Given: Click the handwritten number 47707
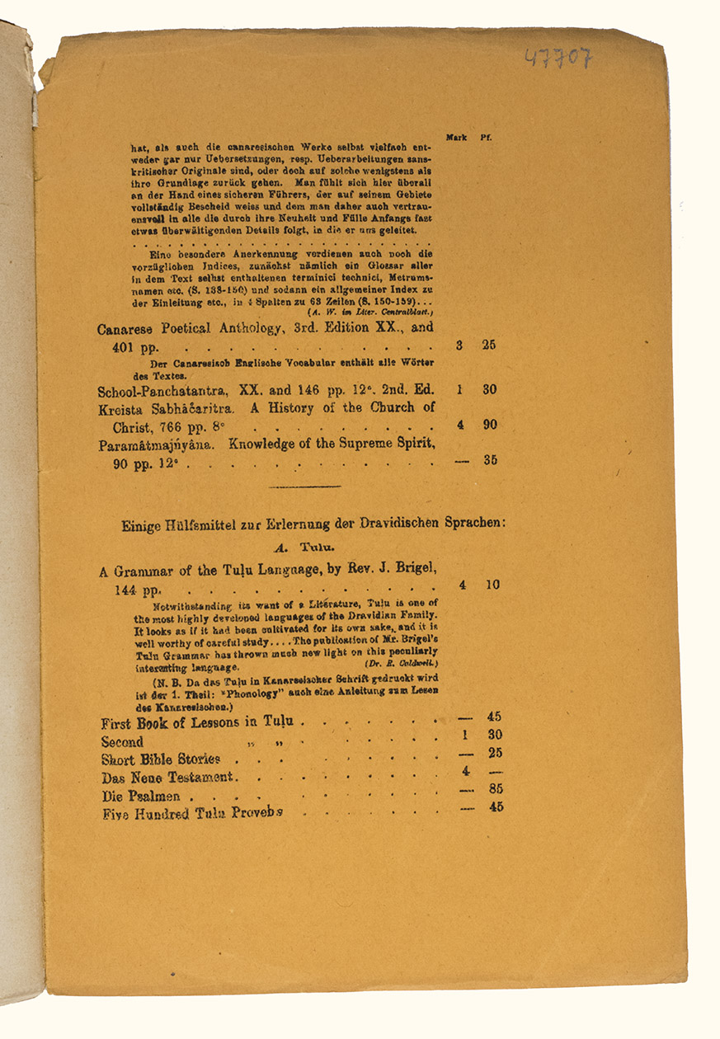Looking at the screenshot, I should click(x=558, y=58).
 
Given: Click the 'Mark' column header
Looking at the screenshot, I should click(x=456, y=137).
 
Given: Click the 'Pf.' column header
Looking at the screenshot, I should click(x=486, y=137).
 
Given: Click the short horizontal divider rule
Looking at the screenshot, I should click(x=304, y=486).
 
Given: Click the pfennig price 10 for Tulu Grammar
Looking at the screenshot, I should click(x=492, y=585).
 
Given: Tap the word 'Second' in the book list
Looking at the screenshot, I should click(x=122, y=741).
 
